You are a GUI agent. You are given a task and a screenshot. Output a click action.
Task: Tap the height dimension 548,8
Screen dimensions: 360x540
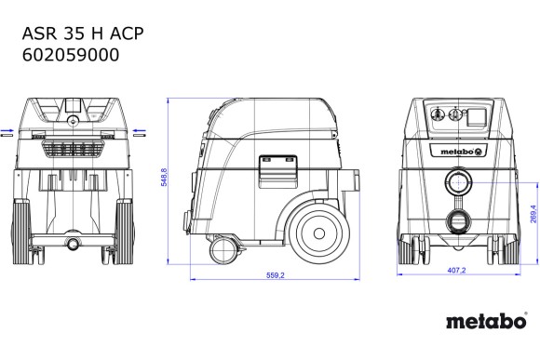pos(166,178)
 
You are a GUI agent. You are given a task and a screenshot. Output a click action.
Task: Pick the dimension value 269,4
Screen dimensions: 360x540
pos(532,215)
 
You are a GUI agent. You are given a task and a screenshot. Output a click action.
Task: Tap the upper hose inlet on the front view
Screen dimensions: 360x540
pos(459,181)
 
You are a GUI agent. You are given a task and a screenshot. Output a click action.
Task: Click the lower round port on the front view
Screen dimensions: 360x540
pos(459,221)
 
